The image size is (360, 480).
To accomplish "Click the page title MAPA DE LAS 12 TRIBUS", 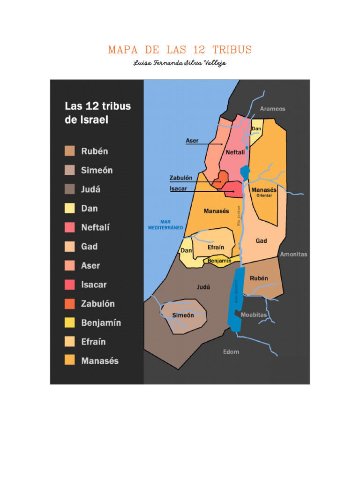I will (x=180, y=50).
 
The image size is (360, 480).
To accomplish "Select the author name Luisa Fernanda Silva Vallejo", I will (x=180, y=63).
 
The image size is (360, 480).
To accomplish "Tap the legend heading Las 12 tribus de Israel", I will (x=97, y=112).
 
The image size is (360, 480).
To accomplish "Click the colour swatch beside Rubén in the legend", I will (x=70, y=151).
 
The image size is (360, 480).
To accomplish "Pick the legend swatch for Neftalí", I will (x=70, y=227).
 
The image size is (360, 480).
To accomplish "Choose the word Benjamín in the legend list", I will (x=101, y=323).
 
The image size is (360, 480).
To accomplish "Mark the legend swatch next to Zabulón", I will (x=70, y=304).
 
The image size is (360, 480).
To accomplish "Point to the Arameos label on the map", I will (x=272, y=109).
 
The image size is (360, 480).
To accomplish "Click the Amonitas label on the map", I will (x=293, y=255).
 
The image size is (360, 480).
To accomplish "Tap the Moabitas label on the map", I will (x=254, y=315).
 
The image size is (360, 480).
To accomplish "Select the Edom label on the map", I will (x=231, y=352).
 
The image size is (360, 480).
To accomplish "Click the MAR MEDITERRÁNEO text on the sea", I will (x=165, y=225).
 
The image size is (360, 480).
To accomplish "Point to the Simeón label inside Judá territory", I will (x=182, y=315).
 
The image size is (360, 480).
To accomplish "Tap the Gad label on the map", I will (x=261, y=240).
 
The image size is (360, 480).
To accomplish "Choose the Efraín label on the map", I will (x=215, y=247).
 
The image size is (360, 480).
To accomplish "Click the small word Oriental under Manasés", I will (x=263, y=195).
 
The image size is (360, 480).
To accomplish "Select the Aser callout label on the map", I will (x=192, y=141).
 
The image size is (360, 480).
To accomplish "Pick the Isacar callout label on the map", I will (x=179, y=189).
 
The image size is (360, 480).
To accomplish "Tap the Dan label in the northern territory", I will (x=256, y=129).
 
